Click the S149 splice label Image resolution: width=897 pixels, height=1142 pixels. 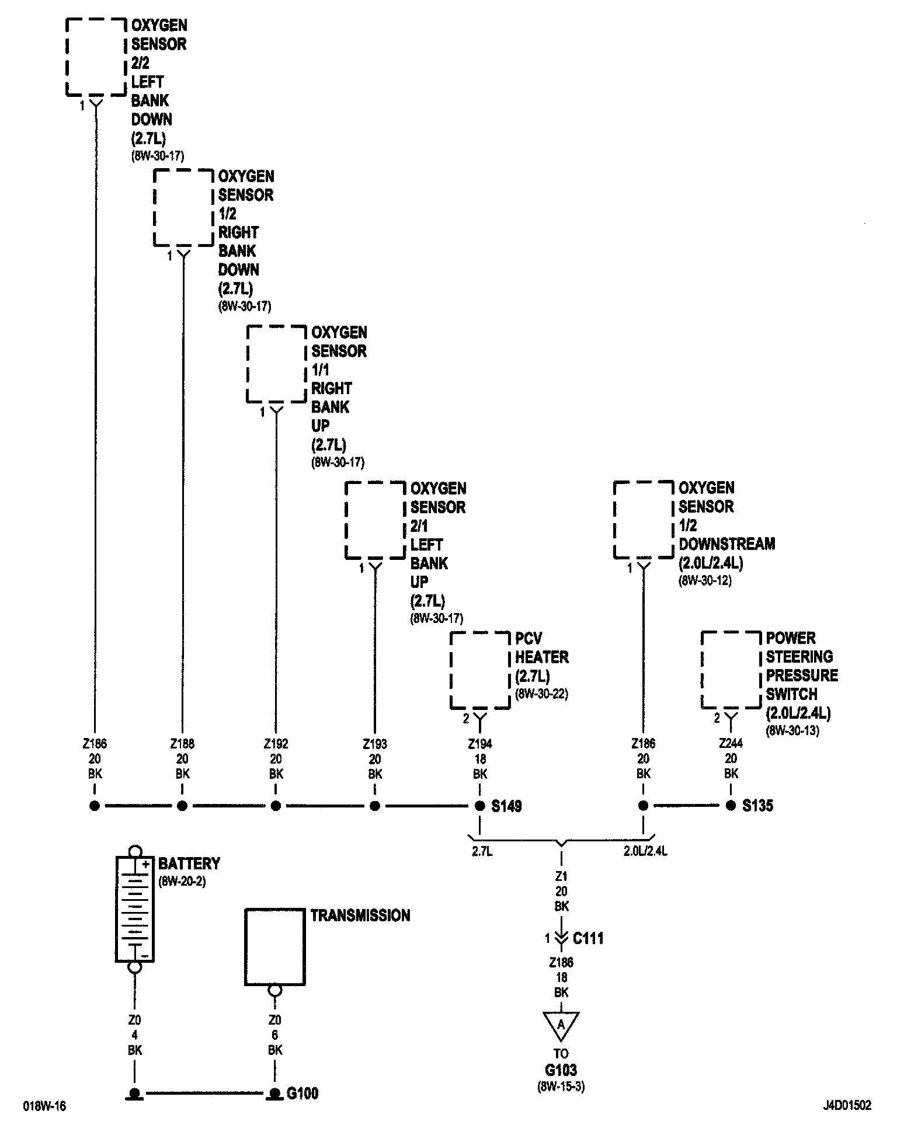click(506, 806)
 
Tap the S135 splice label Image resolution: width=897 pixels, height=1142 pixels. click(757, 806)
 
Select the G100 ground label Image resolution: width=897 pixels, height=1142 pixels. click(303, 1093)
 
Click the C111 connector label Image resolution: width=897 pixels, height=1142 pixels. click(588, 939)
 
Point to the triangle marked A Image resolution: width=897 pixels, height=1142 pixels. click(561, 1026)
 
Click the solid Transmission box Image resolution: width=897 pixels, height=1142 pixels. click(275, 946)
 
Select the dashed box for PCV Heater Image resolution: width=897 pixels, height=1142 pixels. click(479, 670)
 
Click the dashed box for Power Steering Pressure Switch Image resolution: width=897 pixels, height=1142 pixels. click(731, 670)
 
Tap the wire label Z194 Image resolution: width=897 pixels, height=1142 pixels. click(479, 744)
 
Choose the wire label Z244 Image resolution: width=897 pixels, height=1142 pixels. click(731, 744)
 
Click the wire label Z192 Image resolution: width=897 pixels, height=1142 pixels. click(276, 744)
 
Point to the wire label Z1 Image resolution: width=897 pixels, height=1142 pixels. click(561, 876)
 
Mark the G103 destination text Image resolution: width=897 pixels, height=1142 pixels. click(561, 1070)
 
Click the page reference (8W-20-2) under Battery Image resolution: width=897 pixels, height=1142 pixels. click(182, 881)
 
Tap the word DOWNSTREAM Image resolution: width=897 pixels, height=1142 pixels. click(726, 544)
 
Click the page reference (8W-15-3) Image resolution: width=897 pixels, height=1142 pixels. click(561, 1087)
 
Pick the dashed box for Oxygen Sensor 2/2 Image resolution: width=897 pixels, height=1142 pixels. click(95, 57)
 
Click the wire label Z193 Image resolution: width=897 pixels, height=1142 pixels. click(375, 744)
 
